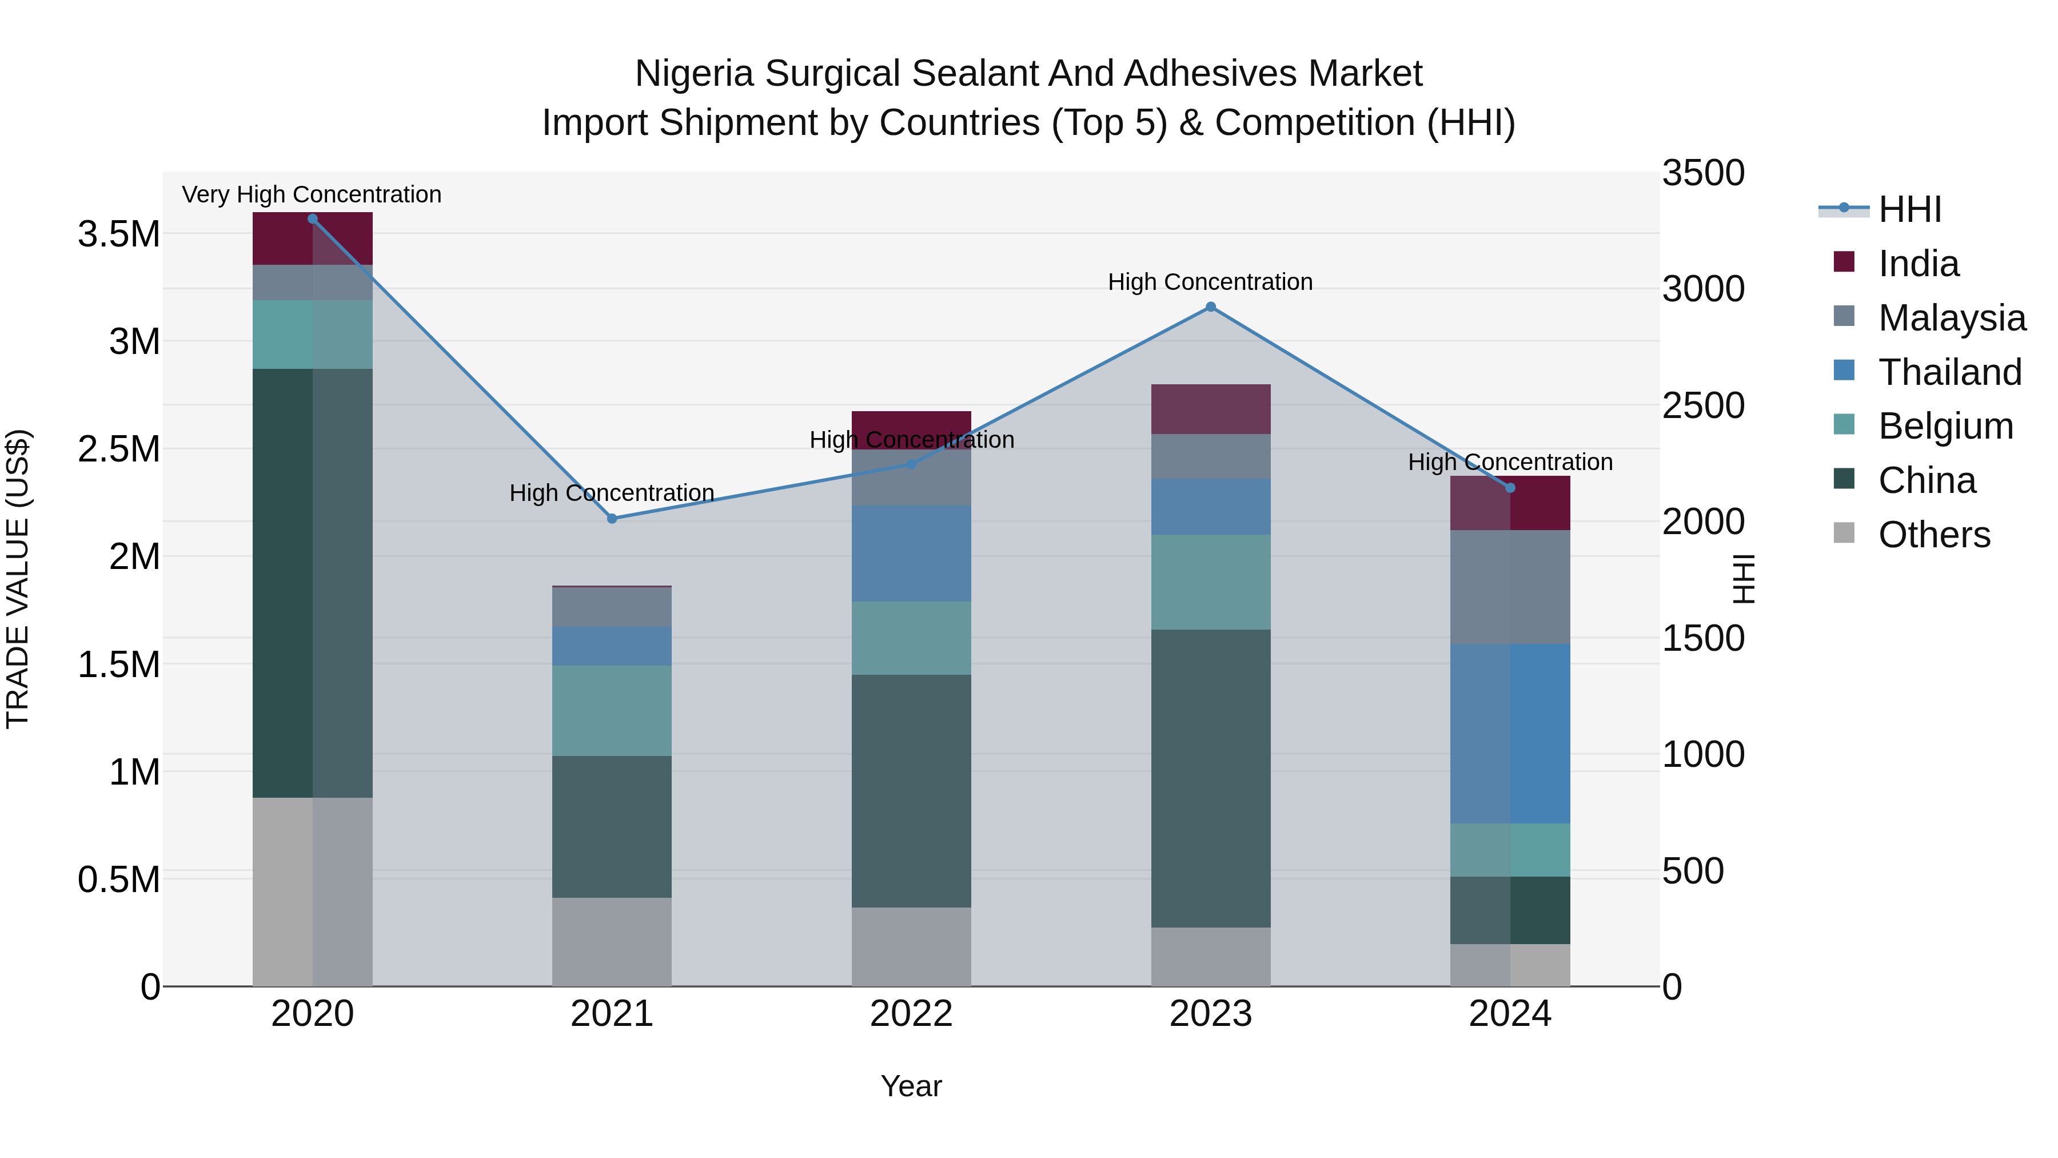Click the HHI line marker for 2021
coord(612,519)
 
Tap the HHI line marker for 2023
coord(1210,307)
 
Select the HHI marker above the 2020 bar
coord(312,219)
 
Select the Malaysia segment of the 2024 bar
coord(1510,587)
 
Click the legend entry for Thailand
coord(1949,372)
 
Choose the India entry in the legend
coord(1918,264)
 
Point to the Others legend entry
coord(1933,535)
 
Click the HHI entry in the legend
coord(1909,209)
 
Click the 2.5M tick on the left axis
coord(119,449)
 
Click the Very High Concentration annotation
coord(312,194)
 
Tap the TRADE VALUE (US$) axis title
coord(18,579)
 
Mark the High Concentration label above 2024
coord(1510,462)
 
